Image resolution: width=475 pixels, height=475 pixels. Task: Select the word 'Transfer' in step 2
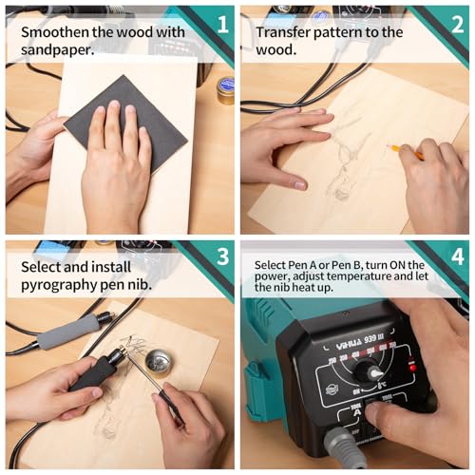pos(283,31)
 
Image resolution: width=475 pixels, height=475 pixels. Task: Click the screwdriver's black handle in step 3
pos(168,404)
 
